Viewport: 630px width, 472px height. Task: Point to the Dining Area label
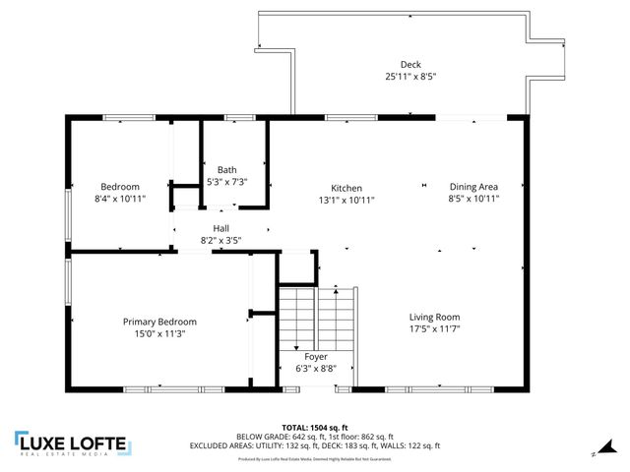[473, 187]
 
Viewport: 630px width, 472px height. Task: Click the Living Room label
[435, 317]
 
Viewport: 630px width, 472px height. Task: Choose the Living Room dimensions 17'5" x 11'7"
[435, 329]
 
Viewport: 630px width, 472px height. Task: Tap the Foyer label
[316, 356]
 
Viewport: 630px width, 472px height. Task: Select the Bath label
[226, 169]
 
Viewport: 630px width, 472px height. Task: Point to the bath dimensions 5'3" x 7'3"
[226, 182]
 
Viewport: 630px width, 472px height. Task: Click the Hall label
[220, 227]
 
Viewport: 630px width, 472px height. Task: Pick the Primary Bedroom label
[159, 322]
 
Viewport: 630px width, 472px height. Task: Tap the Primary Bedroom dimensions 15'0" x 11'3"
[159, 334]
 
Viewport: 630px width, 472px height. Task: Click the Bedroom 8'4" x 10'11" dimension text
[120, 199]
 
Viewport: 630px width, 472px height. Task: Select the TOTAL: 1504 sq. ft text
[315, 428]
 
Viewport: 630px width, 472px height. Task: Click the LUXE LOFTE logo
[71, 444]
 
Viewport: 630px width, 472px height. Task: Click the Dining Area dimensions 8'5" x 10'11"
[473, 199]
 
